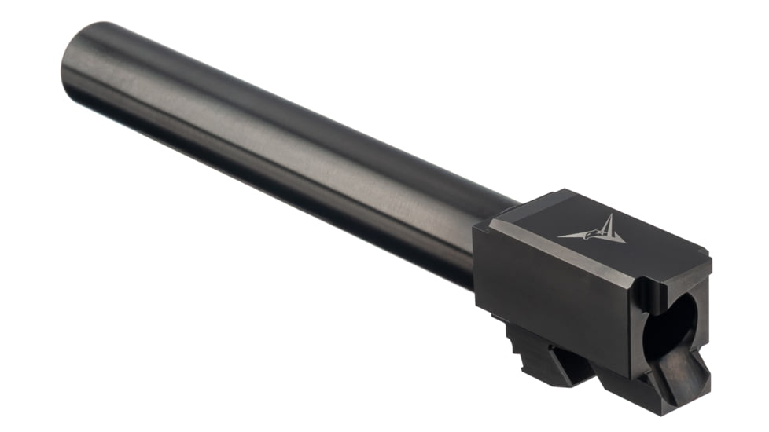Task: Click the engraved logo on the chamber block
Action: click(592, 230)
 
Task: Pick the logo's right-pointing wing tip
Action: click(624, 240)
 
